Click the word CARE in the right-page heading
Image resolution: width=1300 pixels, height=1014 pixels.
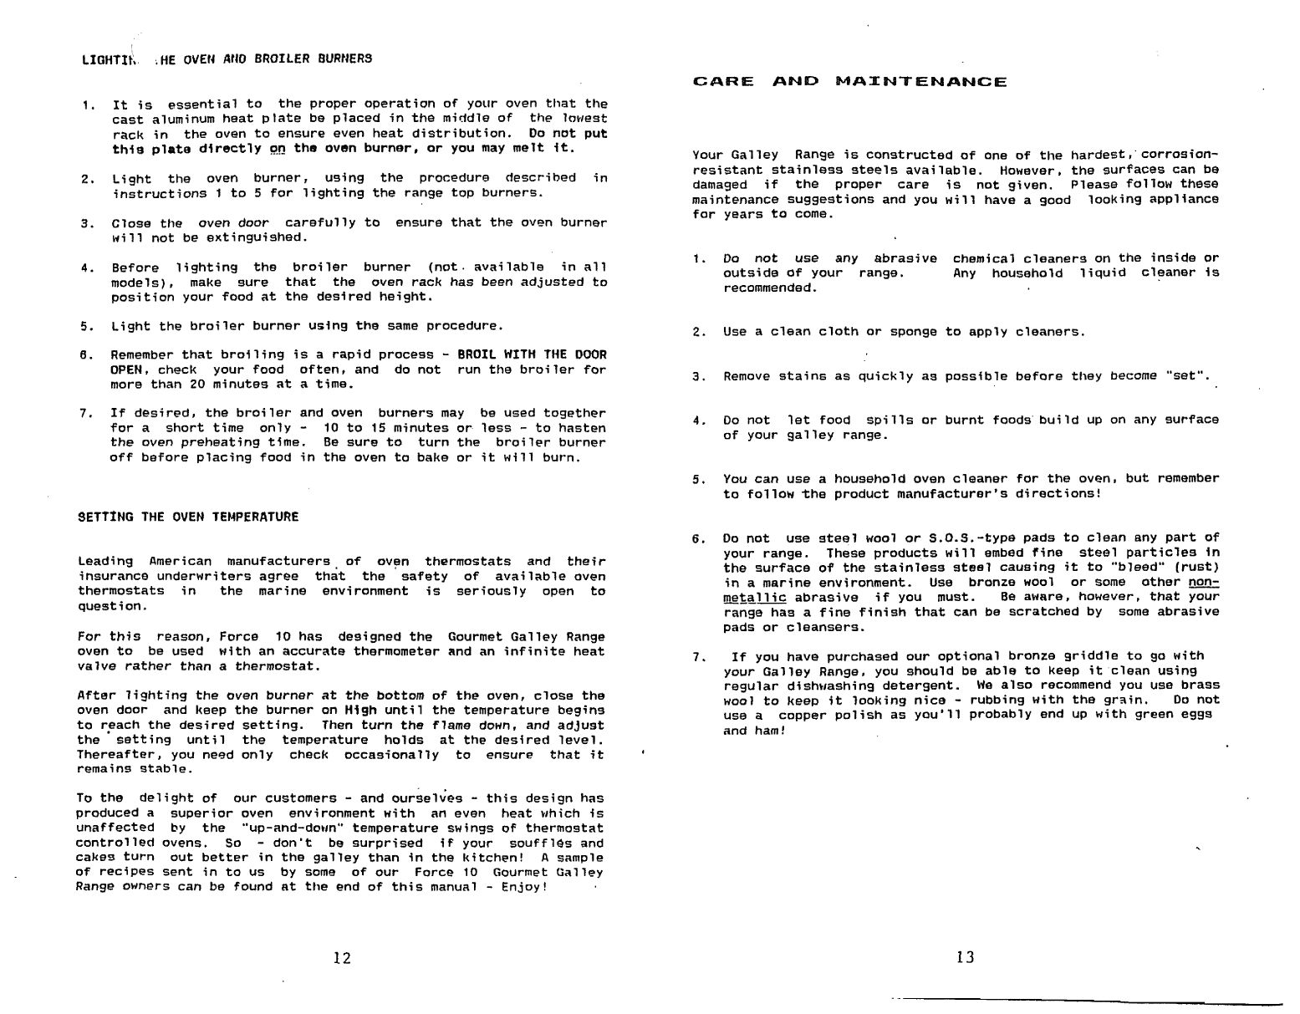point(724,82)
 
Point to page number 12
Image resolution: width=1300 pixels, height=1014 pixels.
point(341,958)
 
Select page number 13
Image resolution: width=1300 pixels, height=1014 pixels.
point(966,958)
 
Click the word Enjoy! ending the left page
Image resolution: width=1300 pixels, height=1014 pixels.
point(524,888)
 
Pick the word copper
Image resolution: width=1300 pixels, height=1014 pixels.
point(809,716)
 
